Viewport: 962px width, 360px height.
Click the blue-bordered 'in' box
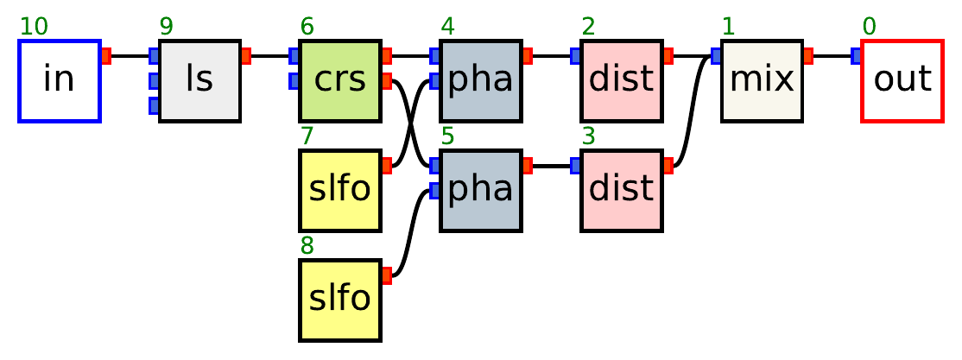coord(60,80)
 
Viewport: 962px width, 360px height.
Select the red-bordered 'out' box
coord(902,80)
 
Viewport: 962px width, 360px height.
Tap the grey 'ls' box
coord(199,80)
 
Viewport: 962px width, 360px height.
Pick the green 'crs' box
coord(340,80)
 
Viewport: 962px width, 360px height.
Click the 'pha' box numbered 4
coord(481,80)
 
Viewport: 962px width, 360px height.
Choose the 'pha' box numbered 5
coord(481,191)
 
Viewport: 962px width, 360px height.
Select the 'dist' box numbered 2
coord(622,80)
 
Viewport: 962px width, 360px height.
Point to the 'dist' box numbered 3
coord(622,191)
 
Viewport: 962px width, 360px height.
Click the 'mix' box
coord(762,80)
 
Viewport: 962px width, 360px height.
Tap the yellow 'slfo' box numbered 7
coord(340,191)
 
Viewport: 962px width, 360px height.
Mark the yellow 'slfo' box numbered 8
coord(340,300)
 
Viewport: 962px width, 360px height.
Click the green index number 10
coord(34,27)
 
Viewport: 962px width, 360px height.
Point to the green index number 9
coord(167,27)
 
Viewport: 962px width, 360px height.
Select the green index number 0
coord(869,27)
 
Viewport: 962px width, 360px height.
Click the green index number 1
coord(728,27)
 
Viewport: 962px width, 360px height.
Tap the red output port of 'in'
coord(106,56)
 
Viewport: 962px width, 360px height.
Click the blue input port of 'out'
coord(856,56)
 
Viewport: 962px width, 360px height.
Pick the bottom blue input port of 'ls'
coord(154,105)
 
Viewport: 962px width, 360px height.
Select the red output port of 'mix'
coord(808,56)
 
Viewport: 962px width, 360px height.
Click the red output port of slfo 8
coord(387,275)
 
